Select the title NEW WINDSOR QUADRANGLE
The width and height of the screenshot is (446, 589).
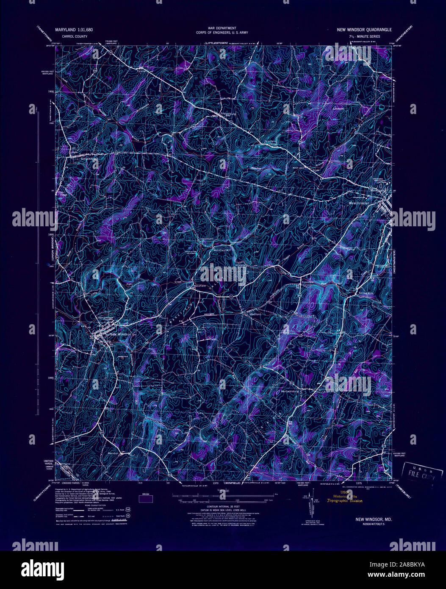point(364,30)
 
